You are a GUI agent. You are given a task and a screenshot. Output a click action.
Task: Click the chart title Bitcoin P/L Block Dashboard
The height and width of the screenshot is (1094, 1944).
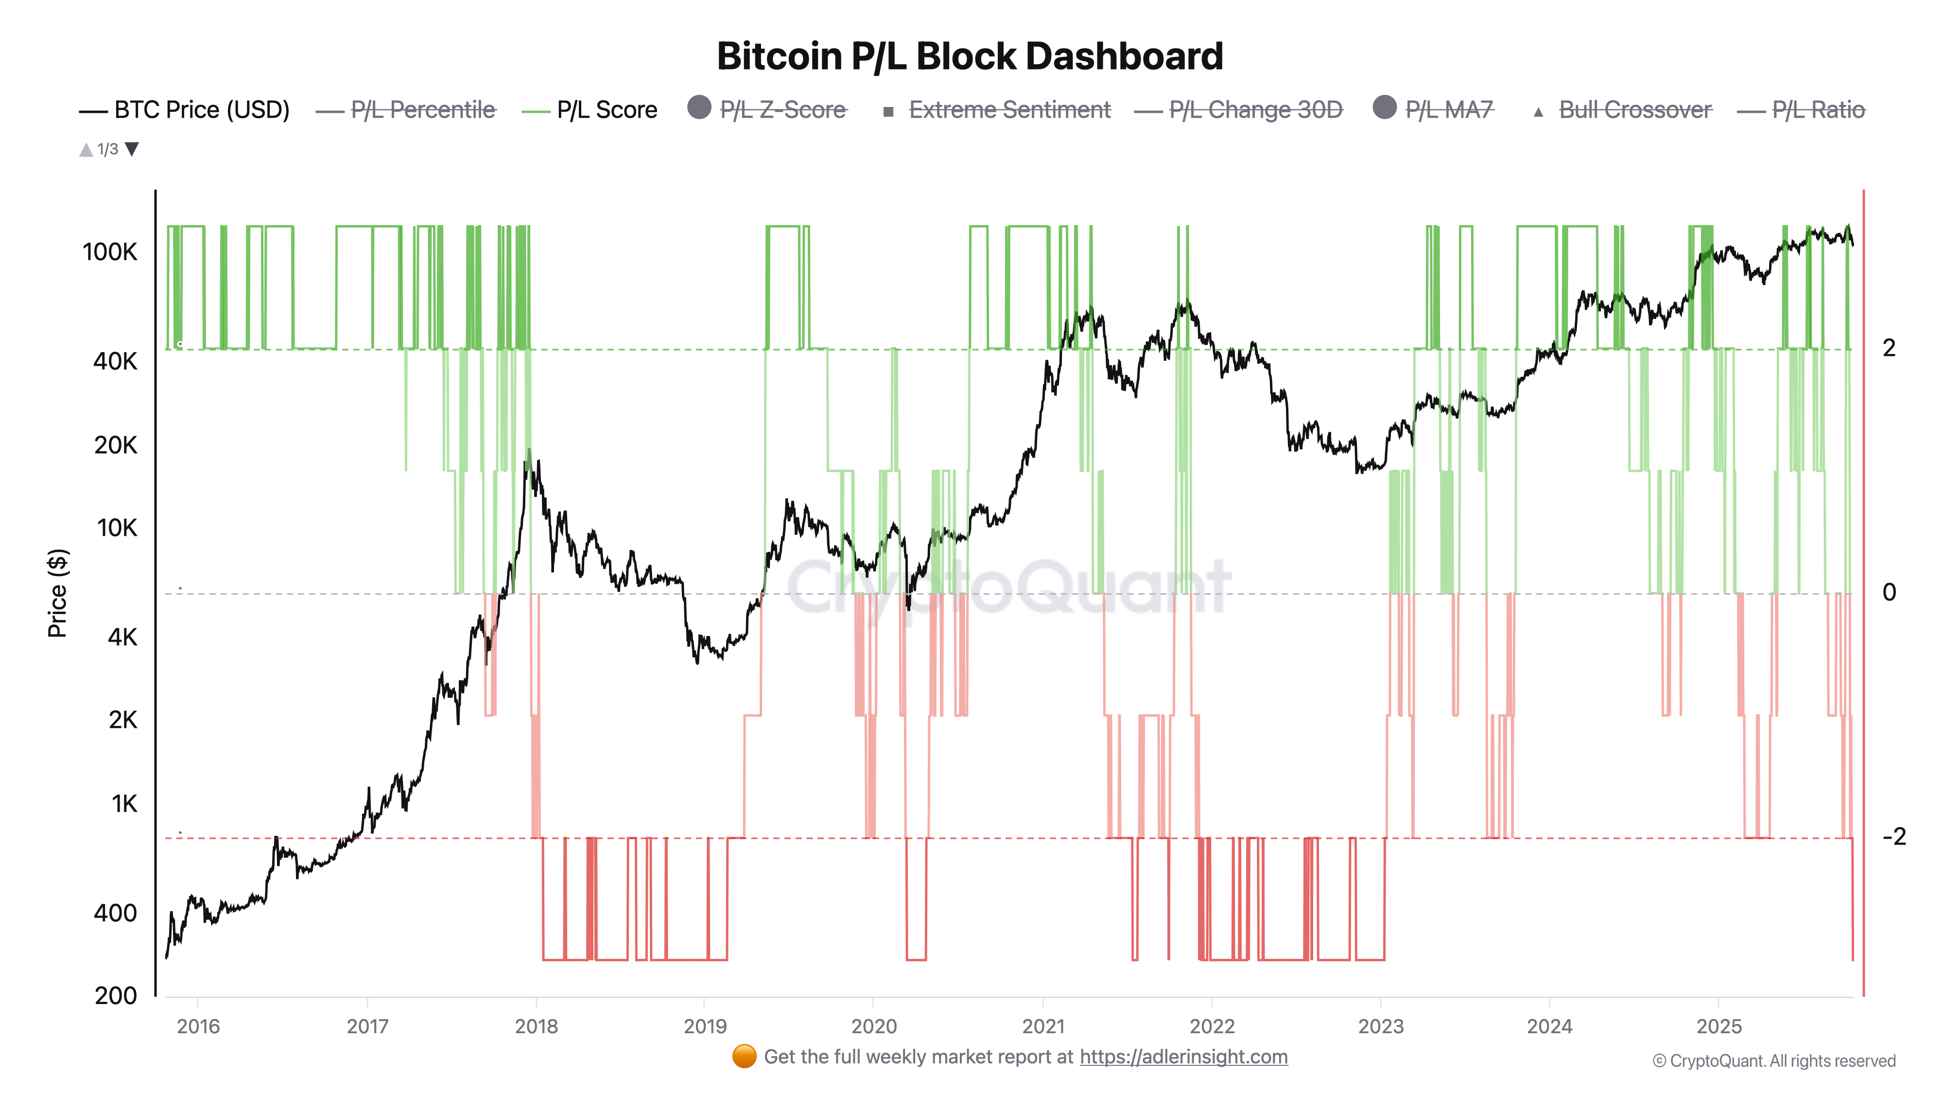[970, 56]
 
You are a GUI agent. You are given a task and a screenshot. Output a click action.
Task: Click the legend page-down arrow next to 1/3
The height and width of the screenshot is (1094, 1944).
[132, 149]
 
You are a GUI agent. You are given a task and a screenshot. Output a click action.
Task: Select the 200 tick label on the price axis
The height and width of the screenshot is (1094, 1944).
[116, 995]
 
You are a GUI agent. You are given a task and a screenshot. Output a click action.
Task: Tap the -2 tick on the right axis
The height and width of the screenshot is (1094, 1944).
[1893, 836]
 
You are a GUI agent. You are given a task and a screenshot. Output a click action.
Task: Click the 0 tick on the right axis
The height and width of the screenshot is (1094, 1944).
[1889, 592]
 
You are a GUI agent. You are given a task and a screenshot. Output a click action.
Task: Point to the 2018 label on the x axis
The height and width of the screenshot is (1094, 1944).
[536, 1026]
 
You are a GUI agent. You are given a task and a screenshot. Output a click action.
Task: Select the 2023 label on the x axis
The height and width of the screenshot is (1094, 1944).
[1380, 1026]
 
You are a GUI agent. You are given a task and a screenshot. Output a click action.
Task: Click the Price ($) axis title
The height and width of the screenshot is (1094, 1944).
[57, 593]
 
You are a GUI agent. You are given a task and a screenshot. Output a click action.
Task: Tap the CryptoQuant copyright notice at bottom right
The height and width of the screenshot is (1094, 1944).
[1773, 1061]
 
